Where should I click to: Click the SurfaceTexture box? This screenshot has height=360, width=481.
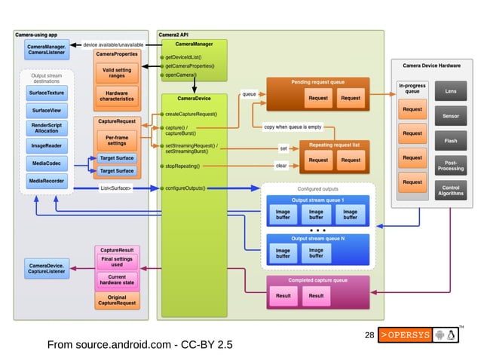pyautogui.click(x=47, y=93)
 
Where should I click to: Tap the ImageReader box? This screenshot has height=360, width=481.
pyautogui.click(x=47, y=145)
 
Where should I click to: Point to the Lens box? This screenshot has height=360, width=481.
pyautogui.click(x=451, y=92)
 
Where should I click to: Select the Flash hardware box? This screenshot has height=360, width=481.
pyautogui.click(x=451, y=140)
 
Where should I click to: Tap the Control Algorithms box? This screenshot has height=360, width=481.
pyautogui.click(x=451, y=189)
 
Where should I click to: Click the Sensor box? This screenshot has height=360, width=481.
pyautogui.click(x=451, y=116)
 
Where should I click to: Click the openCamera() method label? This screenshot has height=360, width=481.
pyautogui.click(x=179, y=75)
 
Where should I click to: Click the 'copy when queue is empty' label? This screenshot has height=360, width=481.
pyautogui.click(x=292, y=127)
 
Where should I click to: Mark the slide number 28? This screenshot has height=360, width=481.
pyautogui.click(x=369, y=334)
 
